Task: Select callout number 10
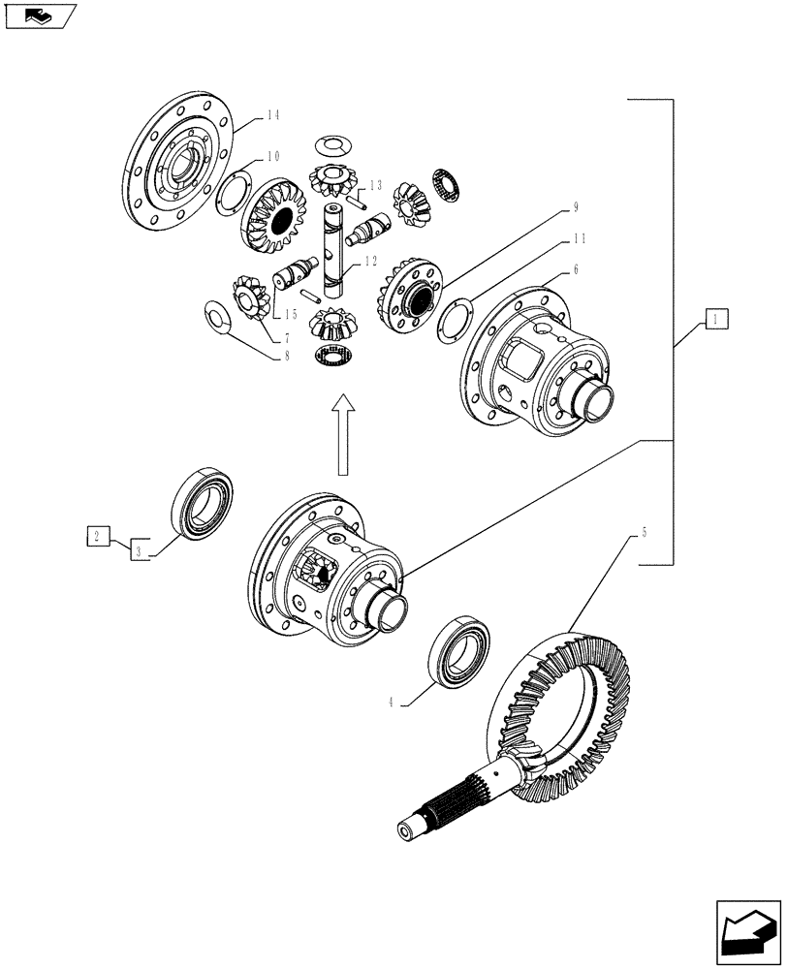(273, 156)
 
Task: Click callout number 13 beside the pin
(375, 184)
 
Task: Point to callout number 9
(575, 206)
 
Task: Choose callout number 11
(579, 237)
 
